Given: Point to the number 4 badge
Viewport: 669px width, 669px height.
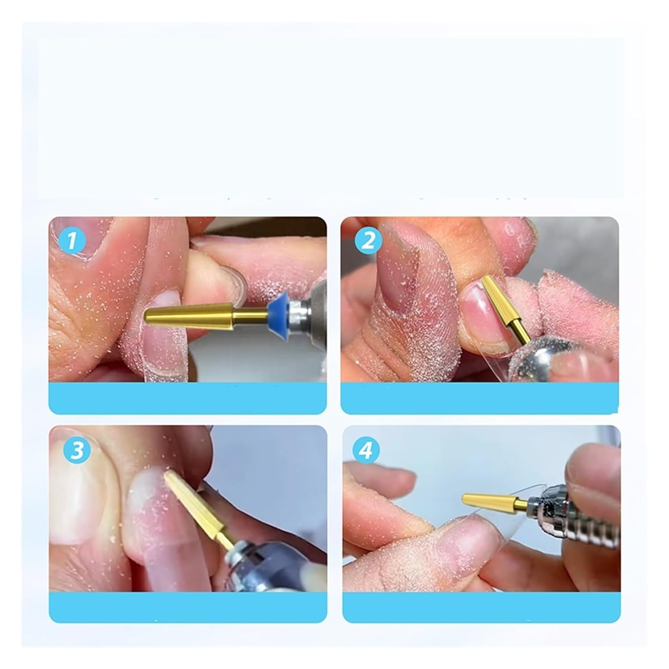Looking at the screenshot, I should (x=365, y=451).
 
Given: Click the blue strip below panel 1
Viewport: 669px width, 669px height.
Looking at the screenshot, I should (x=187, y=398).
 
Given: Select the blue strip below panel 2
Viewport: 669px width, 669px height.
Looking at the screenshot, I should (x=479, y=398).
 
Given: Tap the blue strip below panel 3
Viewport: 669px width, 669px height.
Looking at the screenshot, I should (x=187, y=607).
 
